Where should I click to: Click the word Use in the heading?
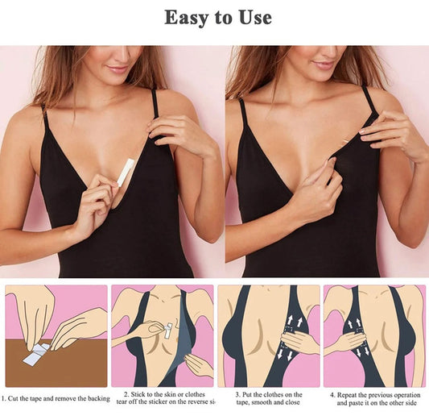pos(255,17)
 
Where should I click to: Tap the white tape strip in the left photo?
pos(126,173)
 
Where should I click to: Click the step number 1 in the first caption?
pos(3,398)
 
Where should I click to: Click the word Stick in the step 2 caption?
pos(138,394)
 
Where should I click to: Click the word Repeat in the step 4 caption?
pos(347,395)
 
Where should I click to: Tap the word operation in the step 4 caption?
pos(406,395)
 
